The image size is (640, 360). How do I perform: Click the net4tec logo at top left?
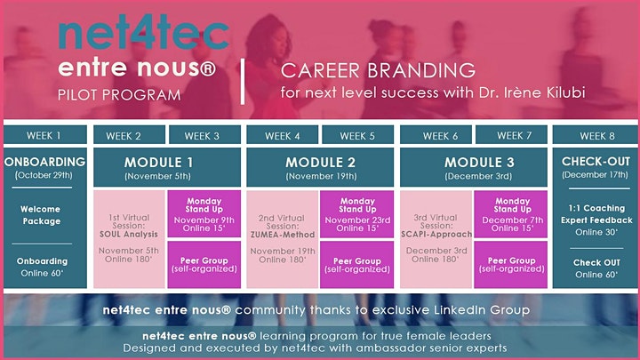[x=144, y=34]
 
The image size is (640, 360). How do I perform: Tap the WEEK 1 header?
[x=44, y=135]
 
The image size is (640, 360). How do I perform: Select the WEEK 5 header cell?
[x=357, y=135]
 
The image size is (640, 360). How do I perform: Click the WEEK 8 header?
[x=596, y=135]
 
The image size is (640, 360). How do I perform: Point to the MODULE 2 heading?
[x=320, y=163]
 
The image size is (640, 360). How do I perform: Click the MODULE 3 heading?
[x=479, y=163]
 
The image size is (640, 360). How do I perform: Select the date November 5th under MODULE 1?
[x=157, y=176]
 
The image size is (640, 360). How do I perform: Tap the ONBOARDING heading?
[x=45, y=162]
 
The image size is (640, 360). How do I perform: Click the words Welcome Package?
[x=41, y=215]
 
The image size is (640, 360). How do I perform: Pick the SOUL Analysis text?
[x=129, y=235]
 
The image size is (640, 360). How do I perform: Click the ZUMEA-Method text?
[x=283, y=235]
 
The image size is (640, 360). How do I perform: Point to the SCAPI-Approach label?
[x=436, y=235]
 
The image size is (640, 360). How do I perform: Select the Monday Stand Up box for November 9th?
[x=204, y=214]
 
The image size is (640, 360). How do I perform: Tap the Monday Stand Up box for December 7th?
[x=510, y=214]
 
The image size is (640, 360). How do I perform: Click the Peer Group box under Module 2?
[x=357, y=265]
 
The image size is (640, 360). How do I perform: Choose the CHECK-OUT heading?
[x=596, y=161]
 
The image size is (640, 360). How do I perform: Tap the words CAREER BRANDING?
[x=378, y=70]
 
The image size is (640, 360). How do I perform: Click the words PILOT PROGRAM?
[x=119, y=95]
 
